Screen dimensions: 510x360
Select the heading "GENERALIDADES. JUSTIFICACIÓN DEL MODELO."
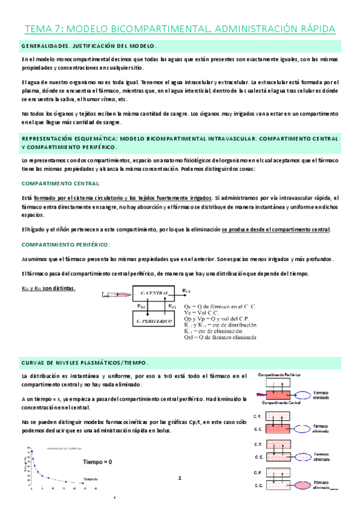point(88,46)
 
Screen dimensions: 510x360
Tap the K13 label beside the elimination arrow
point(186,290)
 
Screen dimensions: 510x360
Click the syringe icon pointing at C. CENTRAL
point(115,295)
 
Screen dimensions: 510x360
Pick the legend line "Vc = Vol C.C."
point(204,313)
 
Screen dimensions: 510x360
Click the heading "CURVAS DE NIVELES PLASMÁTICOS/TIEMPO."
point(85,363)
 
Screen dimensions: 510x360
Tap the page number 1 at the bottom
point(179,478)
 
